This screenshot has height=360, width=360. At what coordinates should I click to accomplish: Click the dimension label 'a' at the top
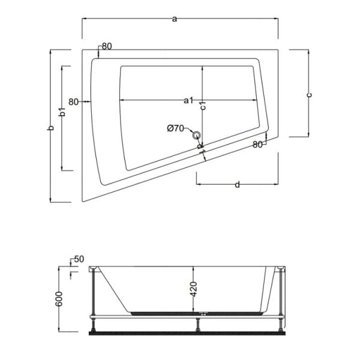point(175,19)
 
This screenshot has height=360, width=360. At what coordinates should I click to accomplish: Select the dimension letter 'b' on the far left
point(52,127)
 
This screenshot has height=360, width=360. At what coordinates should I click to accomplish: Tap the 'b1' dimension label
point(61,112)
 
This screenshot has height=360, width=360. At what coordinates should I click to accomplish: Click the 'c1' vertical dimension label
point(203,106)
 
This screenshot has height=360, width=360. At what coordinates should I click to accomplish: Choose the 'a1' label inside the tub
point(188,100)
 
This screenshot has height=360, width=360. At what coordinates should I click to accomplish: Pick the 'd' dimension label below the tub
point(238,185)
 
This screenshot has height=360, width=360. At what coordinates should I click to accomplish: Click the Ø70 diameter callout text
point(178,128)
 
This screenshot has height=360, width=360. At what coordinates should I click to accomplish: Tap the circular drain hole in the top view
point(197,135)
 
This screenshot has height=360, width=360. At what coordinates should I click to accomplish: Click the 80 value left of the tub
point(74,101)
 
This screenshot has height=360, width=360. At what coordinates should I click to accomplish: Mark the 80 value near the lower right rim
point(258,144)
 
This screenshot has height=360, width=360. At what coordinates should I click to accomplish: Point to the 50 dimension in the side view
point(78,259)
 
